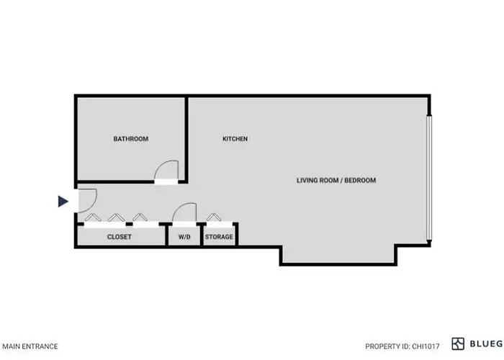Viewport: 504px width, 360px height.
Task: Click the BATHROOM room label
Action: [x=131, y=139]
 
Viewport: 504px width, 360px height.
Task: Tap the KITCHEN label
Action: [x=235, y=139]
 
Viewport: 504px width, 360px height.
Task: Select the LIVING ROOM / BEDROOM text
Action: [x=336, y=180]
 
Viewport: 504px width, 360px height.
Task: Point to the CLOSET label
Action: [x=120, y=237]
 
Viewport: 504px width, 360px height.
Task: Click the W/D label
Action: [x=184, y=237]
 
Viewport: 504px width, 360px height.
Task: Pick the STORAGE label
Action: [x=219, y=237]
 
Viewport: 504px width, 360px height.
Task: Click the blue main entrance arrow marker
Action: [x=63, y=202]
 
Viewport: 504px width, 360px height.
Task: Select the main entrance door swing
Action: [x=93, y=204]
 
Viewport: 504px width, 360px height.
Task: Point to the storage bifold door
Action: [x=214, y=217]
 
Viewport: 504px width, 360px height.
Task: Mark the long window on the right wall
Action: [x=429, y=178]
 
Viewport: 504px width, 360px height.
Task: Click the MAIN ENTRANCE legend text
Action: [x=30, y=346]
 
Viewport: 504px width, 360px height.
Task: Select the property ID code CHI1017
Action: [x=426, y=346]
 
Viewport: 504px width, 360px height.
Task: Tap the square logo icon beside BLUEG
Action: [x=458, y=344]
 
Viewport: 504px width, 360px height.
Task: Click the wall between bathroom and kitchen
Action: [x=186, y=139]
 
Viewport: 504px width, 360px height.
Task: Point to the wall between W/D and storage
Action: [x=202, y=235]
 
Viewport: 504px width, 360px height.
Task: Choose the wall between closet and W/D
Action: [x=166, y=235]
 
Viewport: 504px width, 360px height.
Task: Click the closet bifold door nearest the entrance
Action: [x=93, y=217]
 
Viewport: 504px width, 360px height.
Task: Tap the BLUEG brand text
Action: [x=487, y=344]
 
